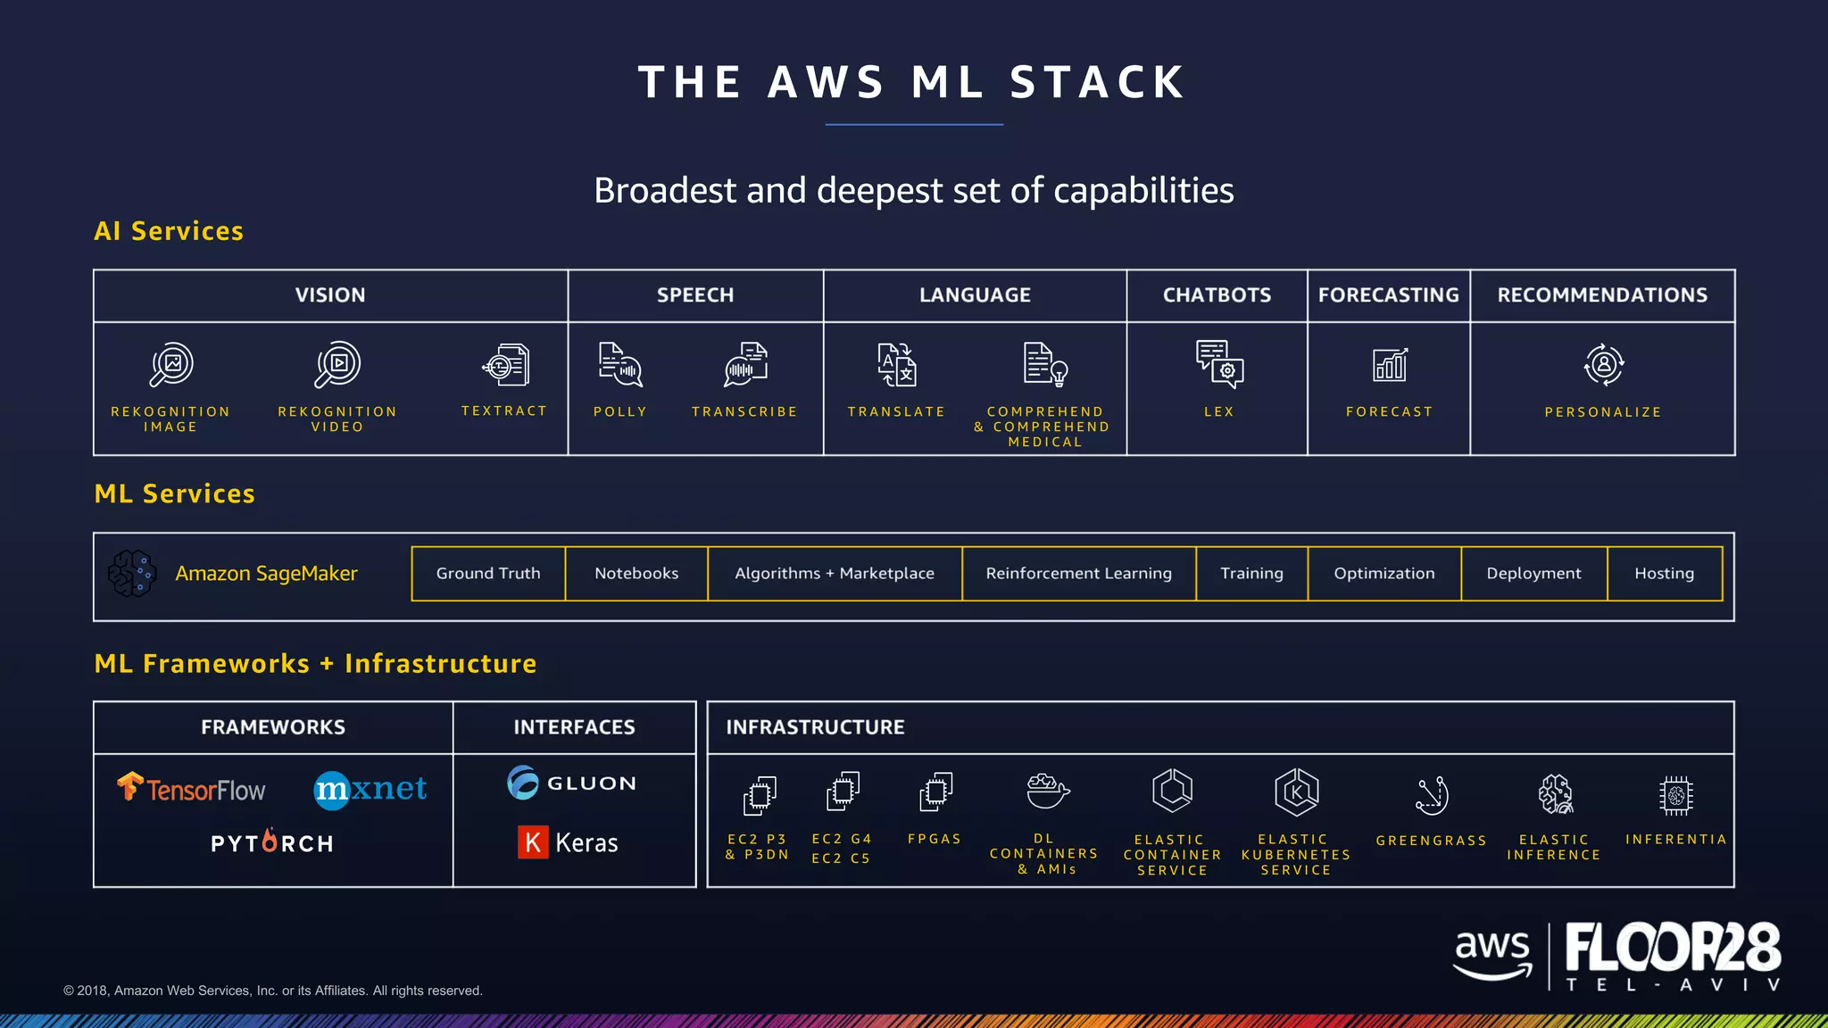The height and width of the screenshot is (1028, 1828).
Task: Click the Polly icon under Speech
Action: pos(620,364)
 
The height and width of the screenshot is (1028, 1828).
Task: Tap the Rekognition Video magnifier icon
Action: pos(337,364)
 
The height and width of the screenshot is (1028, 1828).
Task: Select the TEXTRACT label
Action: pos(504,410)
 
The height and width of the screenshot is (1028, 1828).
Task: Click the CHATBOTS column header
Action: pos(1217,295)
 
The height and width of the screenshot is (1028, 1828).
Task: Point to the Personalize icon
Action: pos(1603,364)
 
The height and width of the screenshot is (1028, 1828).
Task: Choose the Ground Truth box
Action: pos(488,574)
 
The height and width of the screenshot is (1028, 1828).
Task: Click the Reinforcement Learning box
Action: pos(1078,574)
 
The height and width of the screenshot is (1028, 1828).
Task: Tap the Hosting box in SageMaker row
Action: pos(1664,574)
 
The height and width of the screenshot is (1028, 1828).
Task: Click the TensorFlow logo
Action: pos(191,789)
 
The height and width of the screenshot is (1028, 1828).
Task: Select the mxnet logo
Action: pos(370,789)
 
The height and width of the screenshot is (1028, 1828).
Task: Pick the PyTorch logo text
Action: pos(272,843)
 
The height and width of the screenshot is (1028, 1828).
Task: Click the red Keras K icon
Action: pos(533,841)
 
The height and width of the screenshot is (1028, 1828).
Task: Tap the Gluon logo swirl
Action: pos(523,783)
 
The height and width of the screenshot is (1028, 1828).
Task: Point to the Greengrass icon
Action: pos(1432,794)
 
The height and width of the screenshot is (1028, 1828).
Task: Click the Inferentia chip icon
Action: pos(1675,794)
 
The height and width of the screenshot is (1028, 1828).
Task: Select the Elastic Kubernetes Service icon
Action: pos(1296,792)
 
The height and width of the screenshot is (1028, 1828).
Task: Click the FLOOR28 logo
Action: pos(1673,948)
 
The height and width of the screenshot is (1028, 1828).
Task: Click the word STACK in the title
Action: pos(1097,82)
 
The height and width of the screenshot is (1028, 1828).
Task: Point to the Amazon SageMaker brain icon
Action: pos(132,573)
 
